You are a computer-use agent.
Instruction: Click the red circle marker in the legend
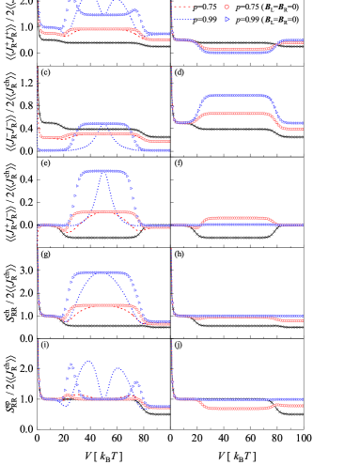227,7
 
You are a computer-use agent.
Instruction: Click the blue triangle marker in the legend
227,19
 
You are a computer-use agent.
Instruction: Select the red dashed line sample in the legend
184,7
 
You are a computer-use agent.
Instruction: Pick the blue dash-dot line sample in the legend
184,19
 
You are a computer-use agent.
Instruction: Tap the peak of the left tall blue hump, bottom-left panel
89,362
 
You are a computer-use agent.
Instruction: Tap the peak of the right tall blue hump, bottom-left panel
117,369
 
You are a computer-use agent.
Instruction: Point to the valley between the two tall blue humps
103,395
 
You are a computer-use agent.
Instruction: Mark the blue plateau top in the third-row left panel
103,171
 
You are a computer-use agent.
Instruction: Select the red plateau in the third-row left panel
103,212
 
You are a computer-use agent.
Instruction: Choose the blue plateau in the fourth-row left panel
103,272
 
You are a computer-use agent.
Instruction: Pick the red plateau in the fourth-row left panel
103,305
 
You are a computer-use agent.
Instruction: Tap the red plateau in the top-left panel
103,29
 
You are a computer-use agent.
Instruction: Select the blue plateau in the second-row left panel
103,124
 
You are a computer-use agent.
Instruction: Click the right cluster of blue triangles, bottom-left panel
136,385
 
